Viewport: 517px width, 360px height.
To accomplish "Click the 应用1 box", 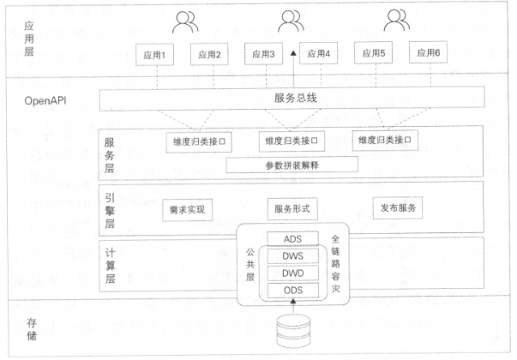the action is [x=154, y=55].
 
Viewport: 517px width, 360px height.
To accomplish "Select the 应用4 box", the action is [x=318, y=53].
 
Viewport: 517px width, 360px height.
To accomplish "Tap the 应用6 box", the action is [x=429, y=52].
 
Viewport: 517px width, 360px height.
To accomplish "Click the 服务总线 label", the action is [x=296, y=98].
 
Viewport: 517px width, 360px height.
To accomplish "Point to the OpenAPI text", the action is [x=45, y=100].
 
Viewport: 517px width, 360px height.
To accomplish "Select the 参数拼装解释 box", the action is [x=292, y=165].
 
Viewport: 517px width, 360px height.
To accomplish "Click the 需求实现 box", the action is [x=187, y=210].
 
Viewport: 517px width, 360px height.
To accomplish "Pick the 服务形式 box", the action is [x=292, y=208].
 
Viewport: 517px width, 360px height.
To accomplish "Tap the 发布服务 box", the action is [x=398, y=207].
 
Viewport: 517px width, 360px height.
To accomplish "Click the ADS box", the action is [x=292, y=238].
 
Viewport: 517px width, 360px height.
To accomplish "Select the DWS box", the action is [x=292, y=255].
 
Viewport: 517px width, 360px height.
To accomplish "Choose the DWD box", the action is [x=292, y=273].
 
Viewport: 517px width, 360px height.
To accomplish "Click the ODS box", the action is [x=292, y=290].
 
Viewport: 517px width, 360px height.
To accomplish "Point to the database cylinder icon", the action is [x=293, y=331].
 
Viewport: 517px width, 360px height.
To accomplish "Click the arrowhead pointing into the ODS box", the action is [x=292, y=301].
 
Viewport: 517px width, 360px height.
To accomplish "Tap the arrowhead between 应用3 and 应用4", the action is [x=293, y=53].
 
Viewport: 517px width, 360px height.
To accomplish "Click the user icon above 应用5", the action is [x=397, y=20].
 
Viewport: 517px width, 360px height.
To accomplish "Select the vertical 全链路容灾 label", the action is [x=335, y=264].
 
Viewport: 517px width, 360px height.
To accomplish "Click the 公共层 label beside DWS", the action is [x=250, y=264].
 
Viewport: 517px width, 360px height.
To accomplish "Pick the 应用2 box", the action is [x=209, y=54].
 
